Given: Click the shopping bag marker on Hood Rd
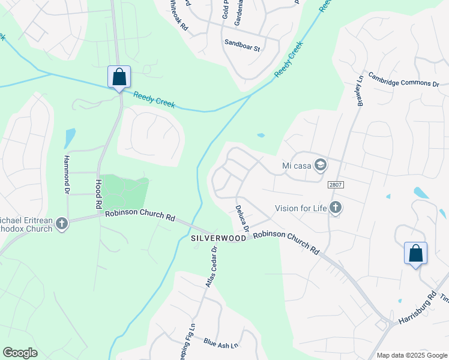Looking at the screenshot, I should click(119, 77).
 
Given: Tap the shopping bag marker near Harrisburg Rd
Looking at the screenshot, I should click(415, 253).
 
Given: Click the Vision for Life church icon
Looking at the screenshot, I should click(336, 208).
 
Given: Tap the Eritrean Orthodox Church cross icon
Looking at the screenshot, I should click(61, 224).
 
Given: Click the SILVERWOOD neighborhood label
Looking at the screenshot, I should click(218, 238).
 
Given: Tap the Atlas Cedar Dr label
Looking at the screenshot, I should click(210, 266).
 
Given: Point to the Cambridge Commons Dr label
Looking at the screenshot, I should click(403, 80).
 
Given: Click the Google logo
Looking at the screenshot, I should click(20, 353).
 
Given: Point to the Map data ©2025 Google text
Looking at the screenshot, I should click(412, 355).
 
